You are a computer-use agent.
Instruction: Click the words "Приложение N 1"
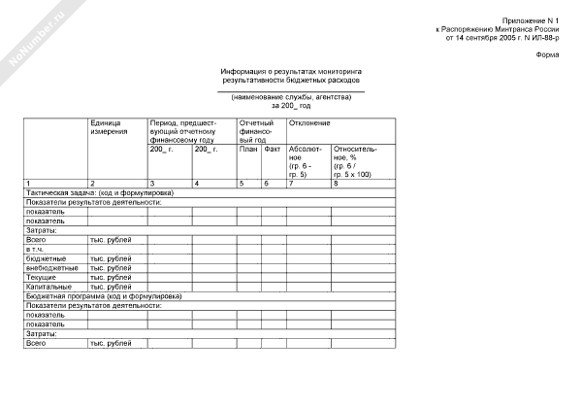532,20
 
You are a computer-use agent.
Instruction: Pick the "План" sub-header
248,149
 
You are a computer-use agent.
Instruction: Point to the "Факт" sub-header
273,149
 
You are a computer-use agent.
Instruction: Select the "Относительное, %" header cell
355,161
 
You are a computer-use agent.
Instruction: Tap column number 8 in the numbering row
336,184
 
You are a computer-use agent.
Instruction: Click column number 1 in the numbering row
28,184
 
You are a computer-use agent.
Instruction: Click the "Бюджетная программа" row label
96,295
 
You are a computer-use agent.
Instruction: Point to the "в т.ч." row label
36,249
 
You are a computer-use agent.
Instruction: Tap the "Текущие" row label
42,277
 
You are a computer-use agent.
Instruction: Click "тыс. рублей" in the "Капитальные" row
110,287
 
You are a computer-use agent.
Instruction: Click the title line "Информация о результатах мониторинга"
290,73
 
